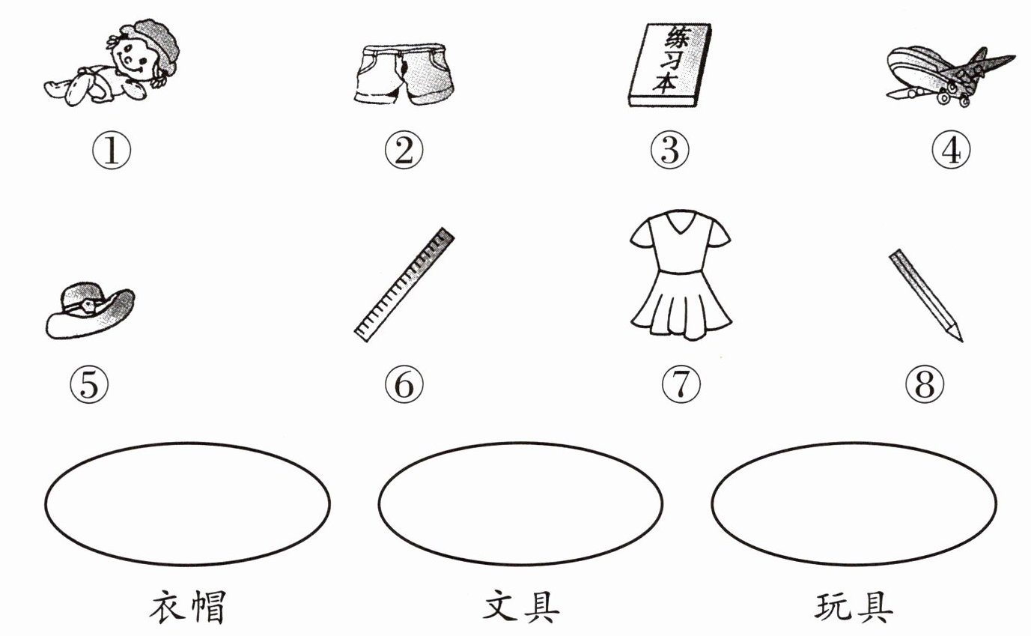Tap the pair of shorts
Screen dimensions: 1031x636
coord(404,73)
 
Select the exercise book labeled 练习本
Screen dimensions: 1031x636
coord(670,65)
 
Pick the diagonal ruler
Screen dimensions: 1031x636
coord(404,285)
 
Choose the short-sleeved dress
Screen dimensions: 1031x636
coord(681,275)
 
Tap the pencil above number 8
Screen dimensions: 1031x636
coord(926,295)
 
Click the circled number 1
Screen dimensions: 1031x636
coord(112,150)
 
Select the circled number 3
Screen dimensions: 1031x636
coord(669,150)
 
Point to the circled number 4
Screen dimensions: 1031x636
coord(951,150)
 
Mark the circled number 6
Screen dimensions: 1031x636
coord(404,384)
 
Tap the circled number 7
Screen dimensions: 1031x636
coord(681,384)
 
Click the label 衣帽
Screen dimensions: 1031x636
coord(188,607)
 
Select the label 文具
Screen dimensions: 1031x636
coord(521,607)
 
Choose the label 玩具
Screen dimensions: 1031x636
coord(854,607)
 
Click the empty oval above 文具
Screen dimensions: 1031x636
coord(520,443)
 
